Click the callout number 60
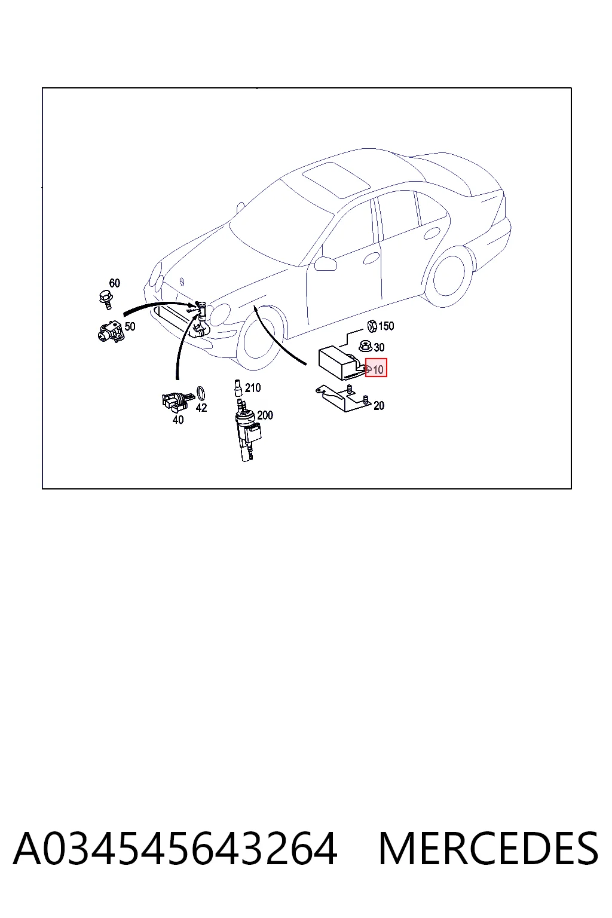tap(114, 283)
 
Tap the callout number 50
tap(130, 326)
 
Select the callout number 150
tap(386, 326)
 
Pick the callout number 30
tap(379, 347)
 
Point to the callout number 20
tap(379, 406)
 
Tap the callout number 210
tap(253, 388)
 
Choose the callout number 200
tap(265, 415)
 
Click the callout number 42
tap(201, 408)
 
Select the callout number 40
tap(178, 420)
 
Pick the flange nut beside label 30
tap(366, 346)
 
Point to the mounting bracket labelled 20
tap(342, 398)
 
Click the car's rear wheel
tap(449, 276)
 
